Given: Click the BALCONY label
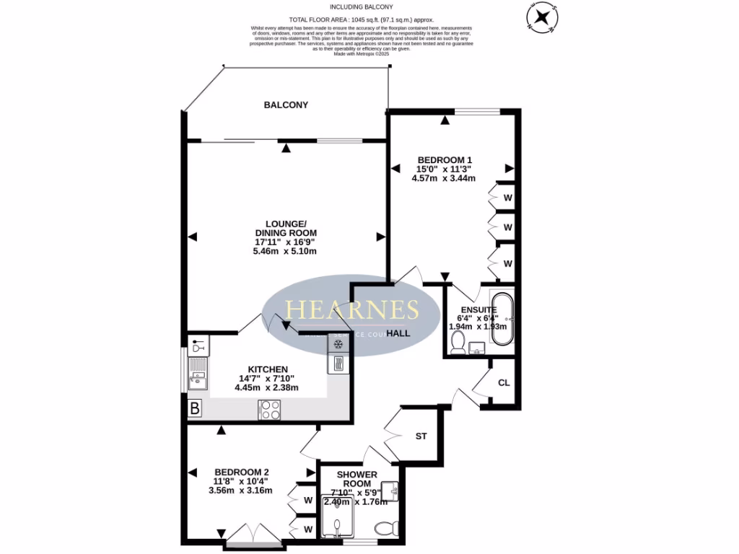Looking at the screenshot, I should coord(286,105).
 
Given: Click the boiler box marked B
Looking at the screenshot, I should coord(194,409).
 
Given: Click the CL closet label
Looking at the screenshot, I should coord(504,382).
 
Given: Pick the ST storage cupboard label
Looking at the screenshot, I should coord(421,436).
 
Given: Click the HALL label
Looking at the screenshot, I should coord(398,334).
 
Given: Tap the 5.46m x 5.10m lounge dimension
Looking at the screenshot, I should coord(285,251).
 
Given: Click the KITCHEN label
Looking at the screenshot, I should coord(268,369).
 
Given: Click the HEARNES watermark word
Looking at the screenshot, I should coord(352,310).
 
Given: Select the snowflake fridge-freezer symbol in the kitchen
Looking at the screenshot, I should coord(337,344).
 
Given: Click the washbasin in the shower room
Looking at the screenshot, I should coord(392,491).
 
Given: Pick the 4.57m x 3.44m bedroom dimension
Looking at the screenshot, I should coord(443,178).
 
